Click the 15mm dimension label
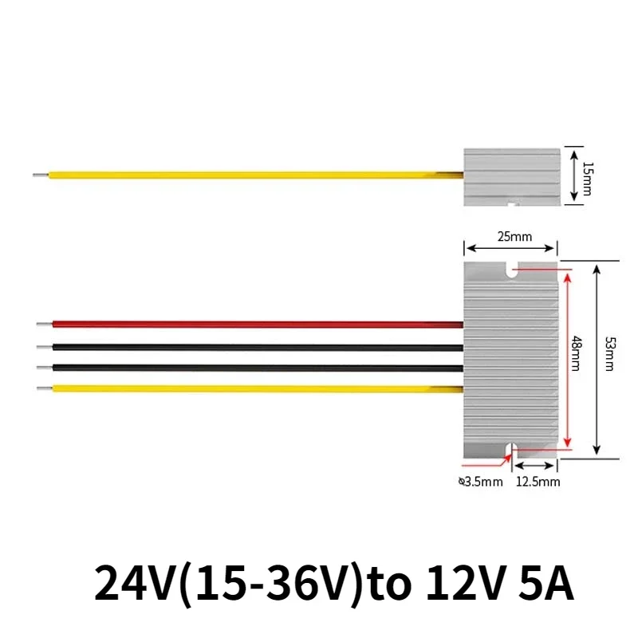pyautogui.click(x=588, y=177)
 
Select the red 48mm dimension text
pyautogui.click(x=575, y=360)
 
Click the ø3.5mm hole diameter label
pyautogui.click(x=480, y=482)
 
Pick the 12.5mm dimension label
pyautogui.click(x=538, y=482)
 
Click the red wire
pyautogui.click(x=255, y=325)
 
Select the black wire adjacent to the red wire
pyautogui.click(x=255, y=348)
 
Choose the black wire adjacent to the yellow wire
pyautogui.click(x=255, y=368)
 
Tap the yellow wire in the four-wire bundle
pyautogui.click(x=255, y=388)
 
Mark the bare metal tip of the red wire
pyautogui.click(x=44, y=325)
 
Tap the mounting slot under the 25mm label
pyautogui.click(x=510, y=272)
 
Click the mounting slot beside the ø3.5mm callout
pyautogui.click(x=510, y=450)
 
